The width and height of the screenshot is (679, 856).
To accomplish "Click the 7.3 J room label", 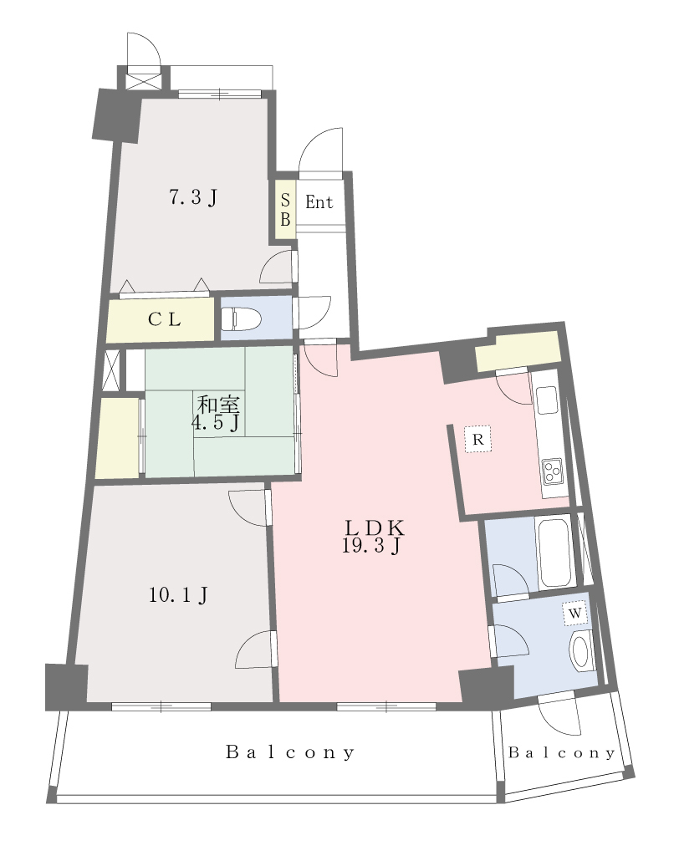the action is click(193, 197).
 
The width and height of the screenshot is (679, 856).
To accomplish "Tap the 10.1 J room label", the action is click(179, 595).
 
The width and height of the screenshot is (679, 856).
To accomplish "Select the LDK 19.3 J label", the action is click(374, 536).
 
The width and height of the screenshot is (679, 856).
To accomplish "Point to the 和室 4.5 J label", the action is click(217, 413).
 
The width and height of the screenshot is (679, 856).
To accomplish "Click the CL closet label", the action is click(165, 320).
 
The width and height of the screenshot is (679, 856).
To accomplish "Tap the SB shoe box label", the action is click(285, 210).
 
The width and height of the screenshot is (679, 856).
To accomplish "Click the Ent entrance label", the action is click(319, 202).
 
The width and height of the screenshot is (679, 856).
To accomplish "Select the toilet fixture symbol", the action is click(240, 318).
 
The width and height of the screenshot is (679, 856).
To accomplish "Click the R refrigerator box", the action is click(478, 439).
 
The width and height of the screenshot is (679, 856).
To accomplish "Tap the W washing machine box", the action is click(574, 613).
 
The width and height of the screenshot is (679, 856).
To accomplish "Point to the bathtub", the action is click(554, 553).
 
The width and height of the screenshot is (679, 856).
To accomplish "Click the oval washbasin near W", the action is click(582, 650).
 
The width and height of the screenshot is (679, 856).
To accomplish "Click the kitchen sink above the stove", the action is click(546, 400).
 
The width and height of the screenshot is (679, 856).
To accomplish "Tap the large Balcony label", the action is click(291, 753).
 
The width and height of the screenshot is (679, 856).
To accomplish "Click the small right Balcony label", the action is click(562, 753).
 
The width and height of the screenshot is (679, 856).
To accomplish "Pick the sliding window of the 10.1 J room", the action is click(161, 706).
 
